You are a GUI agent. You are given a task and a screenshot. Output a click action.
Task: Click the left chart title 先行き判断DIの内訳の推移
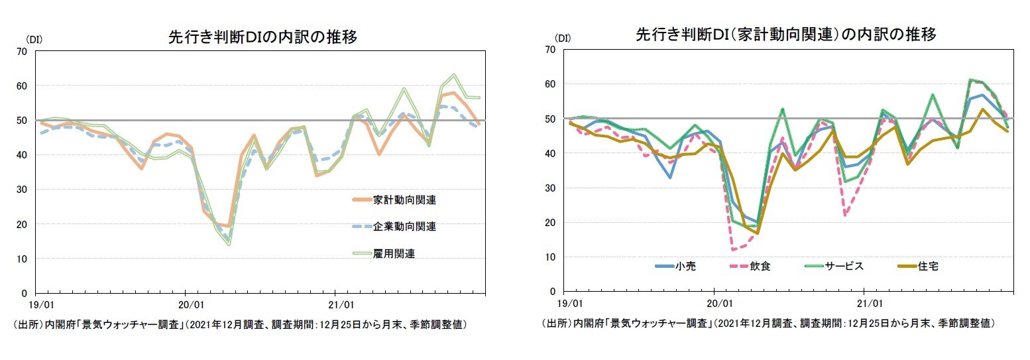pos(263,38)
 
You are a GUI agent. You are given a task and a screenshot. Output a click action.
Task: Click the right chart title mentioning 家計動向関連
pos(785,35)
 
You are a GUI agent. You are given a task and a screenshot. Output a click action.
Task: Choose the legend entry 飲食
pos(760,267)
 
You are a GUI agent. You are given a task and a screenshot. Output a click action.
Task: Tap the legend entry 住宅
pos(928,267)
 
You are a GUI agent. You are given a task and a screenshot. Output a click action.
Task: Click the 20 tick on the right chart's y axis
pos(550,223)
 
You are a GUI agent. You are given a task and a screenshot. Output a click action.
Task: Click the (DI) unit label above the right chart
pos(563,38)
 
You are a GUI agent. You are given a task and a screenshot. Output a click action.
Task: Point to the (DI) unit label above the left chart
pos(34,39)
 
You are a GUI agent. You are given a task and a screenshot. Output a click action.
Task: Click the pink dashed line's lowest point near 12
pos(734,250)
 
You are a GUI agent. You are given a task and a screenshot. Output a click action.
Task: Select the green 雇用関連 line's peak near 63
pos(454,75)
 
